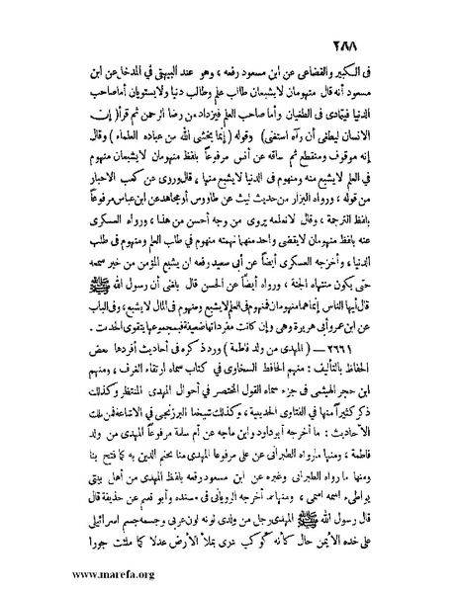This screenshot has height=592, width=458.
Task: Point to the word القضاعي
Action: click(341, 70)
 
